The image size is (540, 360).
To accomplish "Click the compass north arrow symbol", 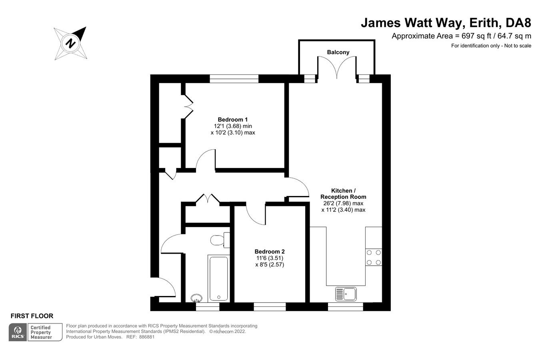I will (71, 42).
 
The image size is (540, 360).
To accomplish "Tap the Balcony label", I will (338, 52).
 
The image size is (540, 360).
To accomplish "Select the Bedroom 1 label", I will (233, 119).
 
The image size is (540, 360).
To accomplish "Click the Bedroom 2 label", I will (270, 252).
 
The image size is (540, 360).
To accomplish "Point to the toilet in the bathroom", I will (218, 240).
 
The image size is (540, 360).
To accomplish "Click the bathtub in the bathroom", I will (218, 278).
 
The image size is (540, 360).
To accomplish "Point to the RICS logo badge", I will (18, 332).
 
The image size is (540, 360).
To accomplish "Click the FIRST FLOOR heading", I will (32, 316).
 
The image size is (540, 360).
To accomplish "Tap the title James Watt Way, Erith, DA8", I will (446, 22).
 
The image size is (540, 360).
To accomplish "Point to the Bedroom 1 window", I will (234, 79).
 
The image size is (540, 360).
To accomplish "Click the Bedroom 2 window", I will (270, 307).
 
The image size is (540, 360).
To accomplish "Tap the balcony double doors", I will (337, 69).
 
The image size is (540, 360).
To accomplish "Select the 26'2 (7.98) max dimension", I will (343, 203).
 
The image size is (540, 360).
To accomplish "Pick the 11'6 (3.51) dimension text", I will (270, 258).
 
